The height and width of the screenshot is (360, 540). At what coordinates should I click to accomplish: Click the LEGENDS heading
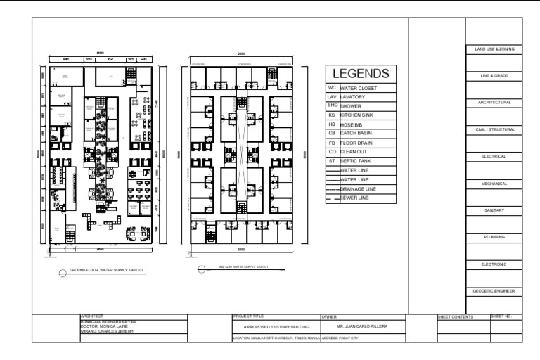361,74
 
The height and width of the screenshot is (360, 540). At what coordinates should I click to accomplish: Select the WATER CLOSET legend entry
359,89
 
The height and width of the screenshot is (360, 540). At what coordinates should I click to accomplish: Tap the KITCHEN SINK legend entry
360,114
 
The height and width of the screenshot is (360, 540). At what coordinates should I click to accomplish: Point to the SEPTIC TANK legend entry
358,161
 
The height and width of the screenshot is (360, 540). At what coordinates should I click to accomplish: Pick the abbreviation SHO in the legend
332,105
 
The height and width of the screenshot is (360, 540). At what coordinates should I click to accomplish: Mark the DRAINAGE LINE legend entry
359,189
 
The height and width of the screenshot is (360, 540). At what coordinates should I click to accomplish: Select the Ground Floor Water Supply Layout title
105,269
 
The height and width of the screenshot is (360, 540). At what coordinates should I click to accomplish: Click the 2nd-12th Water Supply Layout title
243,267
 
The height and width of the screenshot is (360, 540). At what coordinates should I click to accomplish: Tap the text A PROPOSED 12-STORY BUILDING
276,327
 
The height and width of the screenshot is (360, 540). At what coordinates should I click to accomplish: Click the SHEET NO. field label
505,318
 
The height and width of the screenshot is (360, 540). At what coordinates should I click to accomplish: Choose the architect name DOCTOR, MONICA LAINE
105,326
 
